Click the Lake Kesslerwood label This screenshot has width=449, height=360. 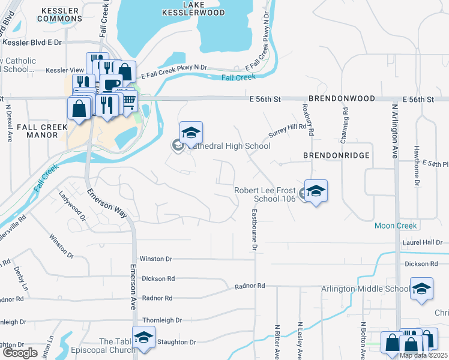tap(195, 8)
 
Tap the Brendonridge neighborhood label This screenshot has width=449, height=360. tap(335, 155)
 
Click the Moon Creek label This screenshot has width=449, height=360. tap(395, 226)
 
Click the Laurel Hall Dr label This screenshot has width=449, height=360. tap(422, 242)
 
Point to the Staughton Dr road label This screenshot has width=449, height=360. tap(176, 342)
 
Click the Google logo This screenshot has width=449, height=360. tap(20, 352)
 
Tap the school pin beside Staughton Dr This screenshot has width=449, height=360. tap(143, 337)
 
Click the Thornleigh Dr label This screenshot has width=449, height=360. tap(159, 321)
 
